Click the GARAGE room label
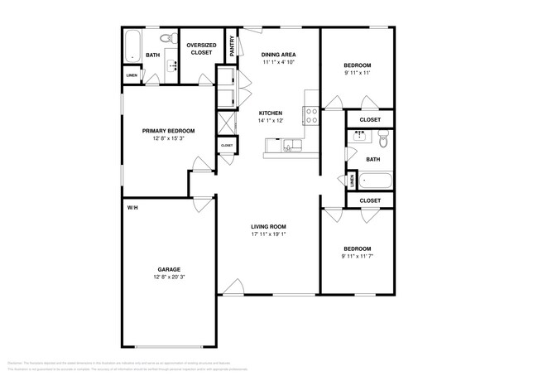(169, 269)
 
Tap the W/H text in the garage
(132, 207)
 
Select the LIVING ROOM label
(268, 226)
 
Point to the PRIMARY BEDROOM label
(168, 131)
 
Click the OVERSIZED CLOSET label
(200, 49)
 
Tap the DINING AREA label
(278, 55)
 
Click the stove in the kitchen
(311, 115)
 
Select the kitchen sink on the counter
(291, 147)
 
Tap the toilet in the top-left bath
(165, 37)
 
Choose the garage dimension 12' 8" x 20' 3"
(169, 277)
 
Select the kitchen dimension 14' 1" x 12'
(271, 121)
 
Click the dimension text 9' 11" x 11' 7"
(358, 256)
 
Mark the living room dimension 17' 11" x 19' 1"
(268, 234)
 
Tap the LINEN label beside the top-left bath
(132, 75)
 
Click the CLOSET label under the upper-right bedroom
(370, 120)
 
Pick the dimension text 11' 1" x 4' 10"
(278, 63)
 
